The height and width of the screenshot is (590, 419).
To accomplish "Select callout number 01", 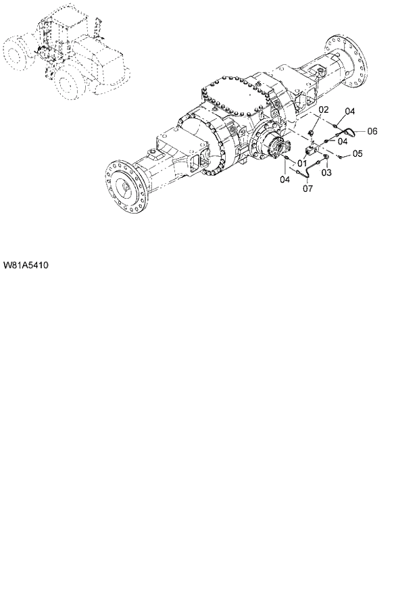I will [x=301, y=163].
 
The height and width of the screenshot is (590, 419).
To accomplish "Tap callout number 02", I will [x=324, y=109].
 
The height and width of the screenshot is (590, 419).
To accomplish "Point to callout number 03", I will [x=326, y=173].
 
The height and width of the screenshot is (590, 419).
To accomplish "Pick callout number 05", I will [x=358, y=154].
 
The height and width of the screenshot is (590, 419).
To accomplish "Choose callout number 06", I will [x=372, y=131].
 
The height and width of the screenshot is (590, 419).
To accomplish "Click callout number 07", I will [x=307, y=189].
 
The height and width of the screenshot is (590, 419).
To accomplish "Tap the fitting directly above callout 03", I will [x=325, y=158].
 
